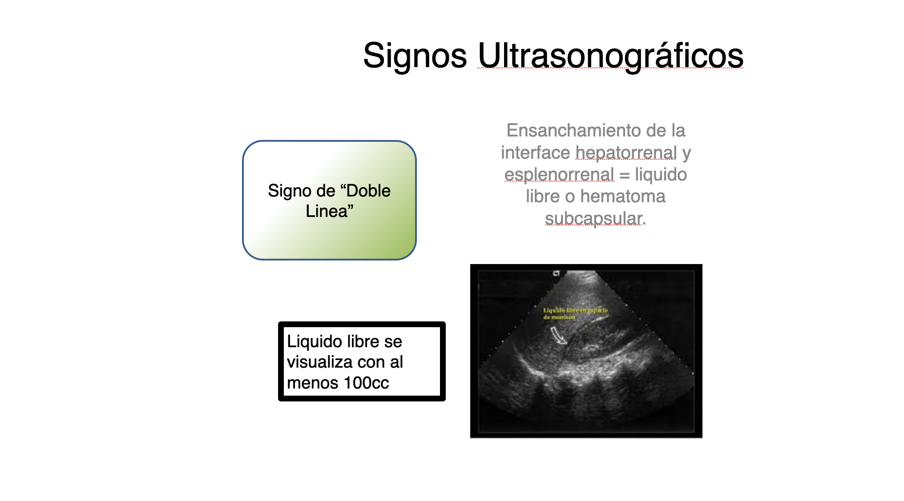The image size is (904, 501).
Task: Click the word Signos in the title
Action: [415, 56]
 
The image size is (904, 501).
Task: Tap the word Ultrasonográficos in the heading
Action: [610, 56]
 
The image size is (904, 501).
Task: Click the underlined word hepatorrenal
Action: [626, 152]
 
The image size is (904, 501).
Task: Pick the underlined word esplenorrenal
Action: [559, 175]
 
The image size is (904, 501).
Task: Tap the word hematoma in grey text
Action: [623, 196]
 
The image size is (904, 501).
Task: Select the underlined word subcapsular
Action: [593, 219]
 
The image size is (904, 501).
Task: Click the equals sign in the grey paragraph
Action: [624, 175]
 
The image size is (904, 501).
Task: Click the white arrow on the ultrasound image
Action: [559, 335]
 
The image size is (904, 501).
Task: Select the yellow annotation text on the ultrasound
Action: [575, 313]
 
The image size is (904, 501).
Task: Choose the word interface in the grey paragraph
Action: [535, 152]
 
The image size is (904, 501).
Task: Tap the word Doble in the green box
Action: [368, 191]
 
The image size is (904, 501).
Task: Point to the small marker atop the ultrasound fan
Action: [556, 273]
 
